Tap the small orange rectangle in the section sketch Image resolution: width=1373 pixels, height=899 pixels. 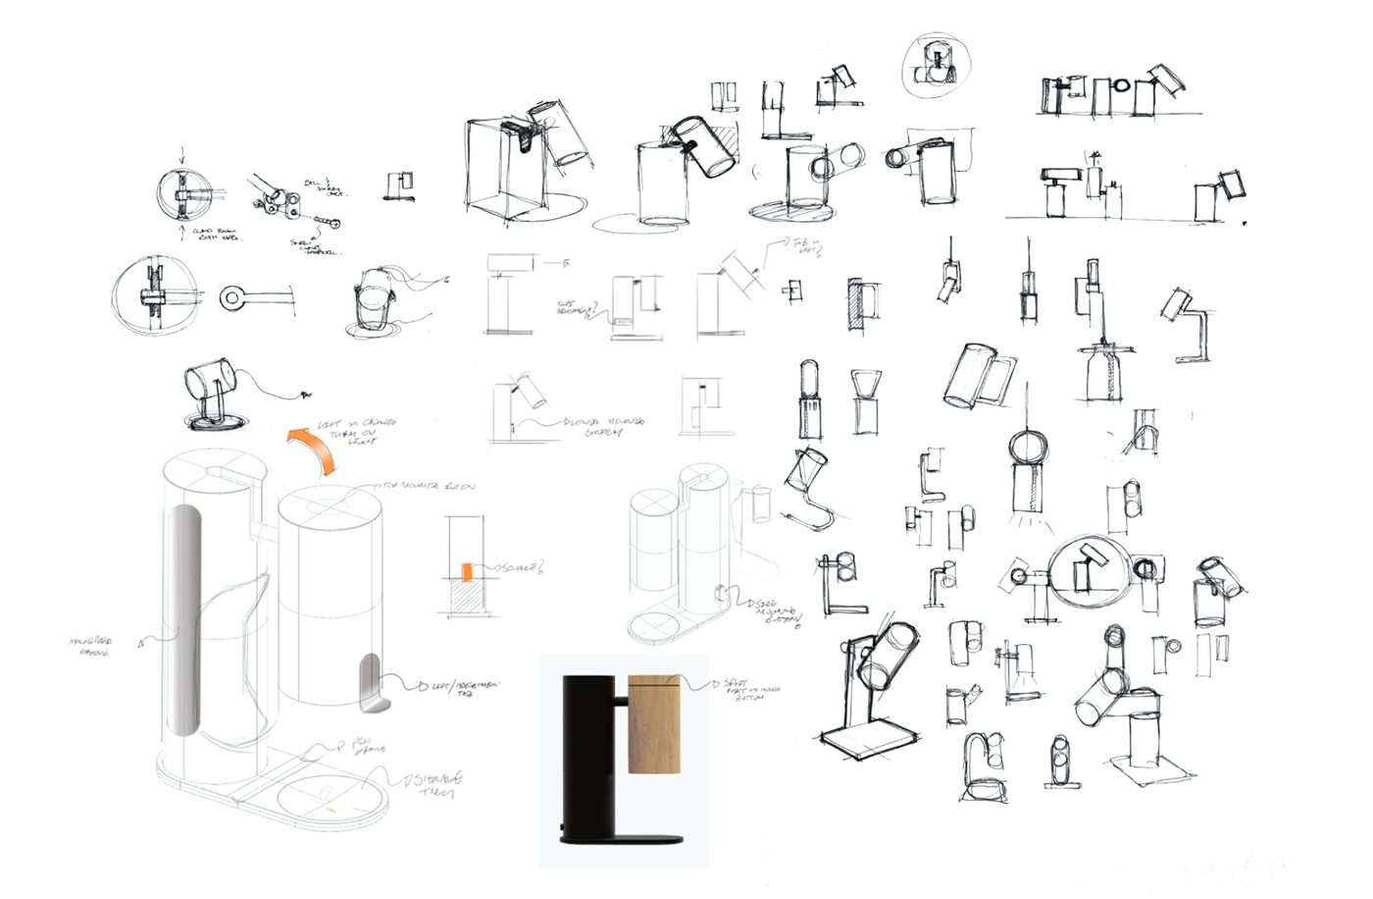pos(467,571)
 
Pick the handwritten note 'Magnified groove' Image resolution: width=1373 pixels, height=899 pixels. pos(90,646)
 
